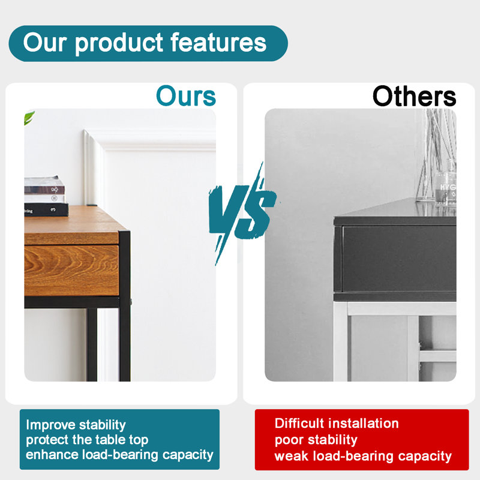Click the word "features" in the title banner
pos(218,42)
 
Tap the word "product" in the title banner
pos(119,44)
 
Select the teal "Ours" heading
pos(186,96)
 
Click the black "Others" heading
pos(414,96)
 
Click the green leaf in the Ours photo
pos(29,118)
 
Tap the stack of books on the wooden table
pos(46,196)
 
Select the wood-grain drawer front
pos(71,271)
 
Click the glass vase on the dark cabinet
pos(437,158)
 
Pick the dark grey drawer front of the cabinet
pos(399,259)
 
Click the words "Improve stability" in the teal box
pos(76,425)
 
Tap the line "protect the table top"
pos(87,440)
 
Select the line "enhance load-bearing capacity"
pos(119,455)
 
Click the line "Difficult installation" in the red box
pos(337,424)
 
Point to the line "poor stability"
pos(316,440)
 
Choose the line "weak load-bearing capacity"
pos(363,456)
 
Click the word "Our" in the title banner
pos(45,42)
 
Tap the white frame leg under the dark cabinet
pos(340,341)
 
